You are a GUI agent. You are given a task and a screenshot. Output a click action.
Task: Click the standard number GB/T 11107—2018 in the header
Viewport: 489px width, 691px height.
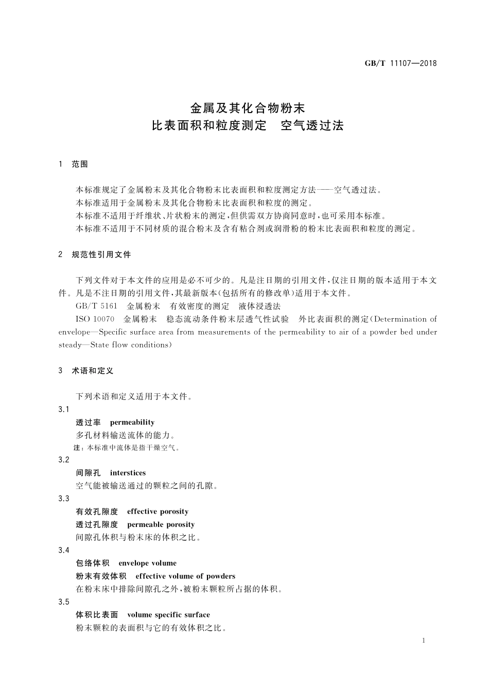[400, 63]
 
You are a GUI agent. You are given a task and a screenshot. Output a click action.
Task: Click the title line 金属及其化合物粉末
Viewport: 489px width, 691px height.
[248, 108]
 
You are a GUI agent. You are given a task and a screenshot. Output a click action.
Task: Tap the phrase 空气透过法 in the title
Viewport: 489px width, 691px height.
[312, 125]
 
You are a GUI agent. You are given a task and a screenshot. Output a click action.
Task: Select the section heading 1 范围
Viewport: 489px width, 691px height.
[74, 164]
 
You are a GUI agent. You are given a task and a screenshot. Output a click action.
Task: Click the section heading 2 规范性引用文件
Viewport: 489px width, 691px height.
[95, 254]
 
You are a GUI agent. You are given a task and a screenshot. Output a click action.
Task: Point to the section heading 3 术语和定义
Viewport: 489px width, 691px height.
[86, 371]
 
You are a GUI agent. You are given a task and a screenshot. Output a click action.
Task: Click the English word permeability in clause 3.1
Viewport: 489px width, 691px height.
[132, 422]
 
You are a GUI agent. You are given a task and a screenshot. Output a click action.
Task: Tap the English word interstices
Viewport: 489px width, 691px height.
[128, 473]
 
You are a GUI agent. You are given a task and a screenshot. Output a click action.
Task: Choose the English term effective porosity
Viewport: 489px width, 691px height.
[158, 512]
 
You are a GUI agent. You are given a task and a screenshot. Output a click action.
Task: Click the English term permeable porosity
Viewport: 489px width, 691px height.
[161, 524]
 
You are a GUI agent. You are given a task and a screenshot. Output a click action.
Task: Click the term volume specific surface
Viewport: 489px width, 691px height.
[168, 615]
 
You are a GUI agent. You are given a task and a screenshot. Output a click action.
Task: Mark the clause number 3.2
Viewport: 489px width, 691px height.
[64, 460]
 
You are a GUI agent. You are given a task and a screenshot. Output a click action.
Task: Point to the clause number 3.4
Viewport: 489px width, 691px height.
[64, 550]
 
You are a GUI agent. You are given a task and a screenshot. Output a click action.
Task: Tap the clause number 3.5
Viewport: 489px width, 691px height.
[64, 602]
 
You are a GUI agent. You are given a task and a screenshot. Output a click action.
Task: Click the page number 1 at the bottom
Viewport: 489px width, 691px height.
[423, 641]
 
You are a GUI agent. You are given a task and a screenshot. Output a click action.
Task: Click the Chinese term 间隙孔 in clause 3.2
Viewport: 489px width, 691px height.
[88, 473]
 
